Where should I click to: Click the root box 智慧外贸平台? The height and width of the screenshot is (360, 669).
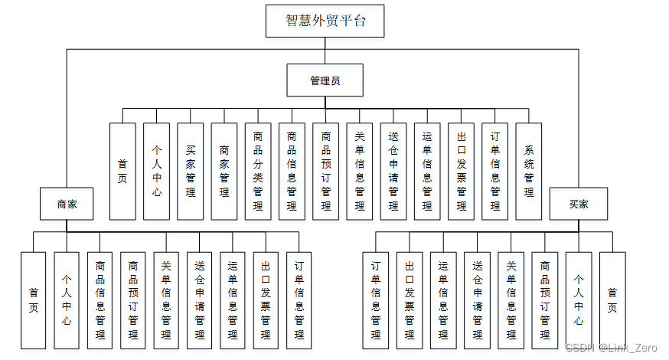pyautogui.click(x=325, y=21)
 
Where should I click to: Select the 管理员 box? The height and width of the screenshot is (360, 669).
pyautogui.click(x=325, y=80)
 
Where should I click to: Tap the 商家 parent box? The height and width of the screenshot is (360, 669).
pyautogui.click(x=67, y=205)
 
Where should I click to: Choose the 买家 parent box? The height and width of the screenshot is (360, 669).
pyautogui.click(x=579, y=205)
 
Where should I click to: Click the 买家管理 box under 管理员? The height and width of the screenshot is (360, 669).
pyautogui.click(x=191, y=171)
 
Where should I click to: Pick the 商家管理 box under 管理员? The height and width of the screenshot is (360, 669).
pyautogui.click(x=224, y=171)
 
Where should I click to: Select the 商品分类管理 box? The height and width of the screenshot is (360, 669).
pyautogui.click(x=258, y=171)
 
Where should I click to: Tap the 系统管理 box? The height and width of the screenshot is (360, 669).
pyautogui.click(x=528, y=171)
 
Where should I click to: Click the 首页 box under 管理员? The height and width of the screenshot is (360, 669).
pyautogui.click(x=122, y=171)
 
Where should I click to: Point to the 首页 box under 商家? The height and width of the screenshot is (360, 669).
pyautogui.click(x=33, y=299)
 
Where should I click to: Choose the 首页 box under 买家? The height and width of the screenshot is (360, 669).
pyautogui.click(x=612, y=299)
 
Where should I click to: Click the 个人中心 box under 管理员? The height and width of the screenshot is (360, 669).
pyautogui.click(x=156, y=171)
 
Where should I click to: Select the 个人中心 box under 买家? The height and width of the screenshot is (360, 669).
pyautogui.click(x=578, y=299)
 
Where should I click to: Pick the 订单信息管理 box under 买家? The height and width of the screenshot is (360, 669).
pyautogui.click(x=376, y=299)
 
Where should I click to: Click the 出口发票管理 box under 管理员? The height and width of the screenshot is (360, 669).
pyautogui.click(x=461, y=171)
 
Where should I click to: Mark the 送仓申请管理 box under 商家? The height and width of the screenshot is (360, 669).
pyautogui.click(x=199, y=299)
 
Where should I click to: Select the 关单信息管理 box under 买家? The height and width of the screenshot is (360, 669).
pyautogui.click(x=511, y=299)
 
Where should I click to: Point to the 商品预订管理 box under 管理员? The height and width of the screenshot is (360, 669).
pyautogui.click(x=325, y=171)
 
